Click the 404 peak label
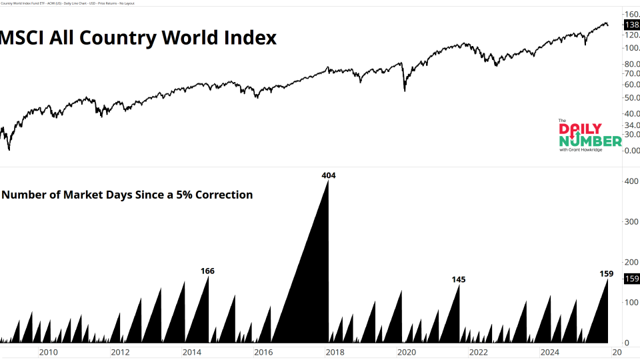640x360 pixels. [329, 175]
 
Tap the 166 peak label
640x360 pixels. [207, 271]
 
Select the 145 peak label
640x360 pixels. [458, 279]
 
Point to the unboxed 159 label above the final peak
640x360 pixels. [606, 273]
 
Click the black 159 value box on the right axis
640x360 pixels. [631, 279]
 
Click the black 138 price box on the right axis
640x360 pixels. [631, 24]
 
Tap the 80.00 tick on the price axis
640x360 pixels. [631, 64]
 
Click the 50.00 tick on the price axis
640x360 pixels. [631, 98]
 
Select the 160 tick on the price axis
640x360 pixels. [631, 14]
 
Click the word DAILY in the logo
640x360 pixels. [581, 129]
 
